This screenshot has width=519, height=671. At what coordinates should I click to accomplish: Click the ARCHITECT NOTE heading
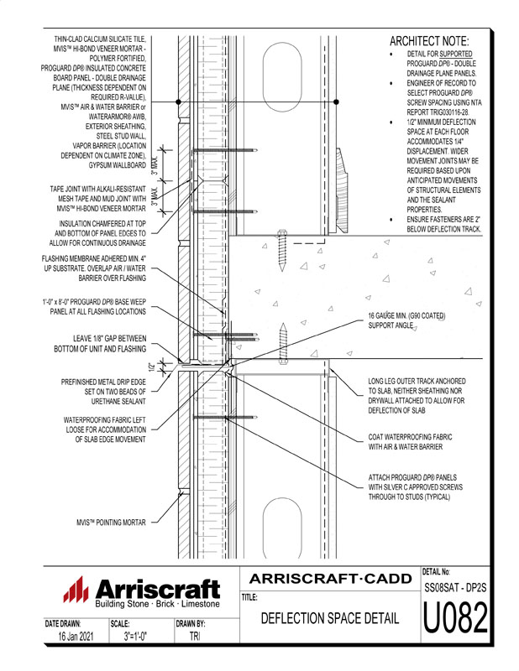(429, 41)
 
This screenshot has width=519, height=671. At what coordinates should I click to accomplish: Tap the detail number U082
(455, 620)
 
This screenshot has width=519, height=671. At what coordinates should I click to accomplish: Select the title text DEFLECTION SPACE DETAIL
(329, 620)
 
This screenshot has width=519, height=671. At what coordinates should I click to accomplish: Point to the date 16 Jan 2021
(71, 637)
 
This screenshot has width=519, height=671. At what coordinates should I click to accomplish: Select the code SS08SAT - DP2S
(455, 587)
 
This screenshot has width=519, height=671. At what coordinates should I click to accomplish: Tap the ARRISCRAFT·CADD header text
(329, 579)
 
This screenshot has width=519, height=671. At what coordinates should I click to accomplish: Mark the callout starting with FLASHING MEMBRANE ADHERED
(95, 268)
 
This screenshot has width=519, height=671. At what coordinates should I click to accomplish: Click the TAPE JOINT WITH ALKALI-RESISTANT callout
(99, 200)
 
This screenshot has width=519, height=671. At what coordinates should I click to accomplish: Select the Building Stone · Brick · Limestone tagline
(157, 604)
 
